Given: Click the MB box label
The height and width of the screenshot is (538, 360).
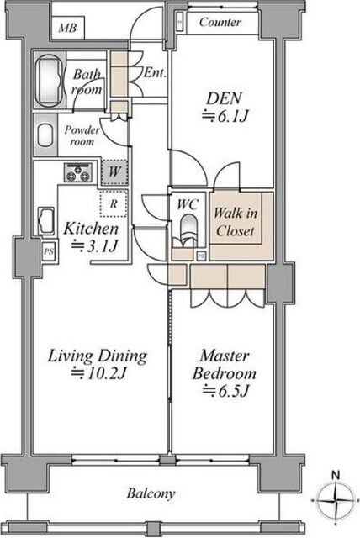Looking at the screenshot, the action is coord(67,28).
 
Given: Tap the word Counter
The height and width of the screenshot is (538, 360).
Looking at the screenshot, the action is coord(220,23).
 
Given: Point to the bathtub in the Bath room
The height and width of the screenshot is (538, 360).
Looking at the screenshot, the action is coord(50,81).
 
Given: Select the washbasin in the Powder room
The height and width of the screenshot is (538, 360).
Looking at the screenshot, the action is coord(45,135).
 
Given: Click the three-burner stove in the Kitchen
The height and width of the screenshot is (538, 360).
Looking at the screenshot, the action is coord(78,172).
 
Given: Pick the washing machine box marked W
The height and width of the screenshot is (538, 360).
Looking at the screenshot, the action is coord(114,171).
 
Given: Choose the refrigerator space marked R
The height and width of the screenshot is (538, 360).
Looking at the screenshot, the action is coord(114,203).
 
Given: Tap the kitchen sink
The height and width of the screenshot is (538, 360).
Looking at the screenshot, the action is coord(46,221).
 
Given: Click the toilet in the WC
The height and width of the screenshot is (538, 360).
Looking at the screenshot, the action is coord(188,229).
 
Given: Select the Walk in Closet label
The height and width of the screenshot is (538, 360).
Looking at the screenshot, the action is coord(236,222).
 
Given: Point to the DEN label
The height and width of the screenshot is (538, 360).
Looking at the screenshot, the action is coord(224,98).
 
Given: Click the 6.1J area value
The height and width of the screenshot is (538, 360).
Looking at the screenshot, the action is coord(225,116).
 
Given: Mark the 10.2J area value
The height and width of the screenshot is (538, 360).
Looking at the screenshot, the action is coord(98,373).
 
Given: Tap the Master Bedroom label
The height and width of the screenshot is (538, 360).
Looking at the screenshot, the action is coord(225,365).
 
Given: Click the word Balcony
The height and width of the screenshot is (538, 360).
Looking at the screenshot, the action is coord(151,493).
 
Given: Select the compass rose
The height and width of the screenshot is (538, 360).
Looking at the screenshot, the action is coord(336,501).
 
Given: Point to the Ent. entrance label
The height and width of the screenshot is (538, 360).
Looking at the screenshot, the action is coord(155,73).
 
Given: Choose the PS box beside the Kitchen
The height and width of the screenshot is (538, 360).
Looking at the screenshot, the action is coord(49,251).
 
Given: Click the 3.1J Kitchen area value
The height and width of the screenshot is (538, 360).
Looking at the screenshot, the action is coord(95,245).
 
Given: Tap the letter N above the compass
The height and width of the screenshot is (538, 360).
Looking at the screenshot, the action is coord(336,475).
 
